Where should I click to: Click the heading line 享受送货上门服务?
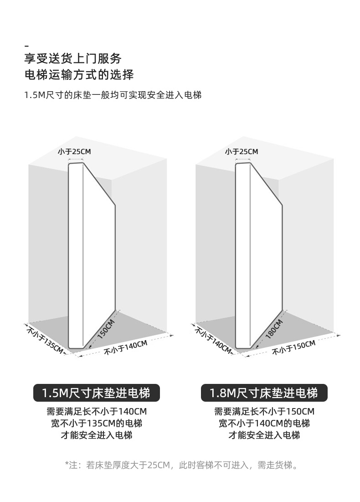pyautogui.click(x=73, y=59)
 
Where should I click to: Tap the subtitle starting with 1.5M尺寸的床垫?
pyautogui.click(x=113, y=95)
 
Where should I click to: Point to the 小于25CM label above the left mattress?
pyautogui.click(x=74, y=151)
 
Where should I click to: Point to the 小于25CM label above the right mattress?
pyautogui.click(x=241, y=151)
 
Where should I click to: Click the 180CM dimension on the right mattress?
pyautogui.click(x=274, y=328)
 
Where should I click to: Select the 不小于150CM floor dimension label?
pyautogui.click(x=294, y=347)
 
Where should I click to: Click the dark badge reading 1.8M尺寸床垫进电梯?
pyautogui.click(x=264, y=393)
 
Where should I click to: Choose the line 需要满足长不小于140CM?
pyautogui.click(x=97, y=412)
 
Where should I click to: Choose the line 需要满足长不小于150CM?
pyautogui.click(x=264, y=412)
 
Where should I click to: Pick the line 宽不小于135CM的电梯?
pyautogui.click(x=97, y=424)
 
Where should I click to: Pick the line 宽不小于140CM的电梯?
pyautogui.click(x=264, y=424)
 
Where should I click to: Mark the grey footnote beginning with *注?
pyautogui.click(x=182, y=466)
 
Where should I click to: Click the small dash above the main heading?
pyautogui.click(x=26, y=46)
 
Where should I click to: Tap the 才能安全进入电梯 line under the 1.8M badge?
pyautogui.click(x=264, y=435)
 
